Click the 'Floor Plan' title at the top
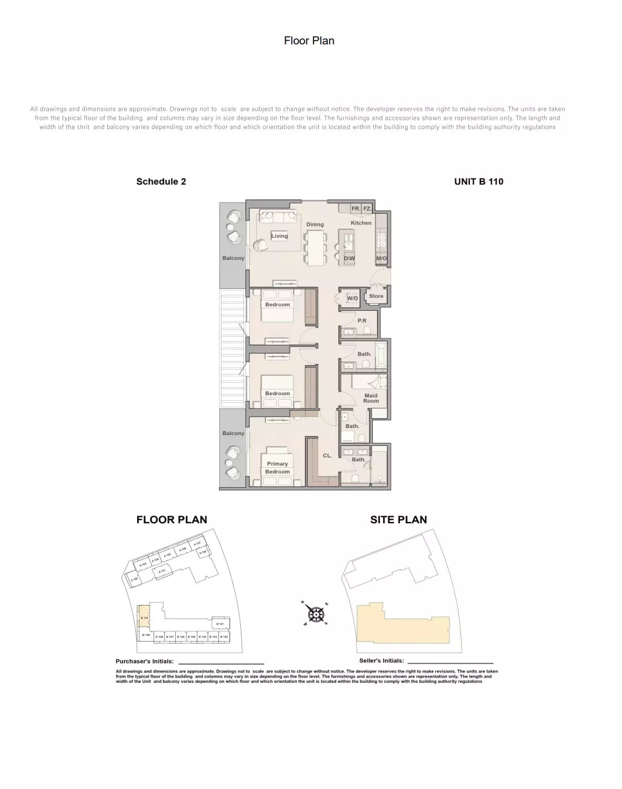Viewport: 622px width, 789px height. tap(309, 41)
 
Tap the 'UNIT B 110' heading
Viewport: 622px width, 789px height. tap(478, 181)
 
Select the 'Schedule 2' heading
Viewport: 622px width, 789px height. tap(161, 181)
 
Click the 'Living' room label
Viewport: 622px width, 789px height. tap(279, 236)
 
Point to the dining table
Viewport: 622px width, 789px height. tap(316, 247)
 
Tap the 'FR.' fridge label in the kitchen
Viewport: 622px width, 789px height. tap(355, 209)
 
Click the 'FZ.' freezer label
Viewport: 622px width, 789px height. tap(367, 209)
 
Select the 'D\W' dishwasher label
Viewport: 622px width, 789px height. tap(349, 258)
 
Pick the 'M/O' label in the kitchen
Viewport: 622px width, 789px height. tap(381, 258)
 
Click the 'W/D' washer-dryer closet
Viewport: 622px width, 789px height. tap(352, 299)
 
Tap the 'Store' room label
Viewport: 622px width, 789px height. tap(376, 296)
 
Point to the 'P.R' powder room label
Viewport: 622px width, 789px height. tap(362, 320)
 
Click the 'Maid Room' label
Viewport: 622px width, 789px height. tap(371, 398)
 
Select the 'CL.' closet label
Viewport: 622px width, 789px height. tap(327, 456)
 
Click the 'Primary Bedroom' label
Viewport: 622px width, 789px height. tap(278, 468)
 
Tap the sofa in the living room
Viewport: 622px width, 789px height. tap(279, 217)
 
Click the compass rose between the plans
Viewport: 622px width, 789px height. tap(316, 613)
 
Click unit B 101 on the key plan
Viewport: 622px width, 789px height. tap(220, 624)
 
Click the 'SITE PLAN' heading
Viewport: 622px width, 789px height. tap(398, 519)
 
